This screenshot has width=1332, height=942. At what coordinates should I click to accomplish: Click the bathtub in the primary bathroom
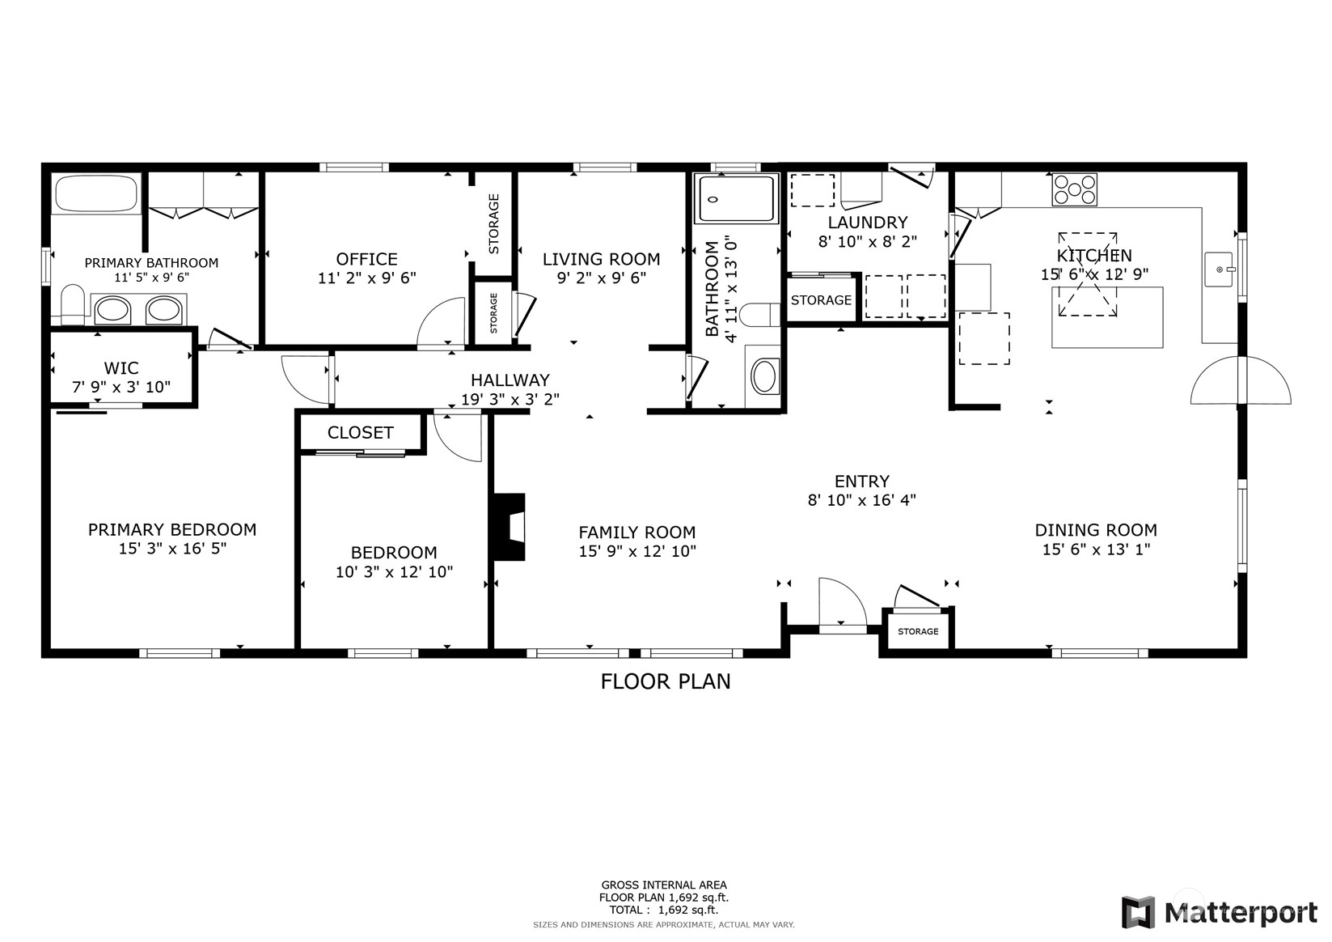tap(96, 194)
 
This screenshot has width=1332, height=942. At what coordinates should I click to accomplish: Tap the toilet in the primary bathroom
tap(73, 304)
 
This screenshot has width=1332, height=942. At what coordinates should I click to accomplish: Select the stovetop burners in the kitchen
tap(1075, 189)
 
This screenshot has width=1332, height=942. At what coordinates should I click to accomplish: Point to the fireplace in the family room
tap(509, 527)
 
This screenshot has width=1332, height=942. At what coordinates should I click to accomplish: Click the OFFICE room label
tap(367, 259)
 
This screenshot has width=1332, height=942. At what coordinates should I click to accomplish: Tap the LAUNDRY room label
tap(868, 223)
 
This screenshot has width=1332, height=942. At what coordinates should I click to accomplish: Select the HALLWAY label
tap(510, 380)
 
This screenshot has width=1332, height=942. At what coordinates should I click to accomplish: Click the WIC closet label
tap(121, 367)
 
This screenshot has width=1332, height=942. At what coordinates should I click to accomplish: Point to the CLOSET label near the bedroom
tap(361, 433)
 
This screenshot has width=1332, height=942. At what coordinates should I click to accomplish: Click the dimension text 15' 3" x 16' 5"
tap(172, 548)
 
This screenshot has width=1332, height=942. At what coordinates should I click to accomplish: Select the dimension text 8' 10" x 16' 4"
tap(861, 500)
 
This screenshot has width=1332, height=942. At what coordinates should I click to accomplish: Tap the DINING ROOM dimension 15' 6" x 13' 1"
tap(1096, 549)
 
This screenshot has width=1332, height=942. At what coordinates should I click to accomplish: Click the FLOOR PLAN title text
tap(666, 681)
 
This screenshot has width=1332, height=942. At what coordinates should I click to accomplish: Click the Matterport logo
tap(1220, 912)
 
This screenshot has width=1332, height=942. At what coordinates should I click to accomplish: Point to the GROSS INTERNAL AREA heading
tap(664, 885)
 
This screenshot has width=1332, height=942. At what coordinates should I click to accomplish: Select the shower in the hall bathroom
tap(736, 199)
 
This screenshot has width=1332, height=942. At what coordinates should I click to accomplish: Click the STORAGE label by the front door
tap(918, 631)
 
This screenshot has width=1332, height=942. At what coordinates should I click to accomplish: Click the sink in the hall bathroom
tap(763, 376)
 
